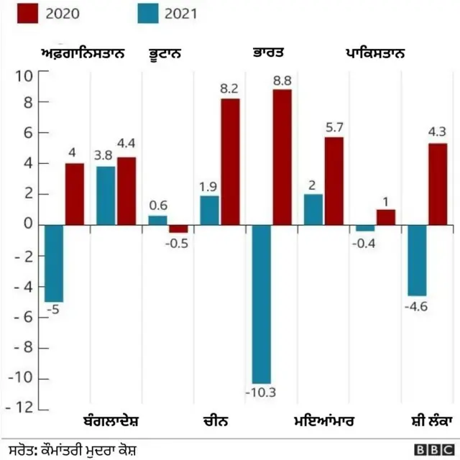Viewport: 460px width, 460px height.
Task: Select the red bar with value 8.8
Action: pos(282,157)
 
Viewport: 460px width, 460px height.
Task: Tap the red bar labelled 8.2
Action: pos(230,161)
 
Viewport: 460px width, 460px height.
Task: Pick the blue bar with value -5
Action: pos(54,263)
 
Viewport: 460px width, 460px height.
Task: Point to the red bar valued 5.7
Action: pos(333,180)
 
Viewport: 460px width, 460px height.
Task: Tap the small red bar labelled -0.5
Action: pos(178,229)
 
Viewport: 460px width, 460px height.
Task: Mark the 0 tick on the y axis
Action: pos(27,225)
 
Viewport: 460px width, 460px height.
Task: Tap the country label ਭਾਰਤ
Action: pos(269,53)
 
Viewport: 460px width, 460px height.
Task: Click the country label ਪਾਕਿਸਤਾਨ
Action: pos(374,53)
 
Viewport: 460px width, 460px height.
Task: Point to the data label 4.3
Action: pos(438,132)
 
